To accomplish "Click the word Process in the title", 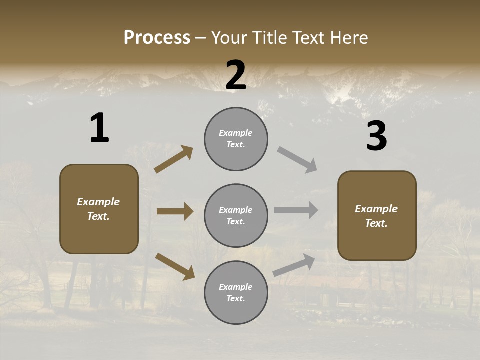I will pyautogui.click(x=157, y=38).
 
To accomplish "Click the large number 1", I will pyautogui.click(x=99, y=129).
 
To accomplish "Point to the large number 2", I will pyautogui.click(x=236, y=75).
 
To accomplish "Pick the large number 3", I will pyautogui.click(x=376, y=137).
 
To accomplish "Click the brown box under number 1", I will pyautogui.click(x=99, y=209).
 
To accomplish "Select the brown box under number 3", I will pyautogui.click(x=377, y=216).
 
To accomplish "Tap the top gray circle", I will pyautogui.click(x=236, y=139).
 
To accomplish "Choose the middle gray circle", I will pyautogui.click(x=236, y=216).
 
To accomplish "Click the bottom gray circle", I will pyautogui.click(x=236, y=293).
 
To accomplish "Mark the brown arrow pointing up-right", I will pyautogui.click(x=174, y=159).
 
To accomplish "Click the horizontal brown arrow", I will pyautogui.click(x=175, y=211).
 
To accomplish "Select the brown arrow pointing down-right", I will pyautogui.click(x=175, y=266).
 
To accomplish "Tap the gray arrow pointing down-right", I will pyautogui.click(x=297, y=160).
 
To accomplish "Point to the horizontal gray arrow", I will pyautogui.click(x=296, y=210).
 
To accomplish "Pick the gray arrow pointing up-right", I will pyautogui.click(x=294, y=265).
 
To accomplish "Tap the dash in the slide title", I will pyautogui.click(x=201, y=38).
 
